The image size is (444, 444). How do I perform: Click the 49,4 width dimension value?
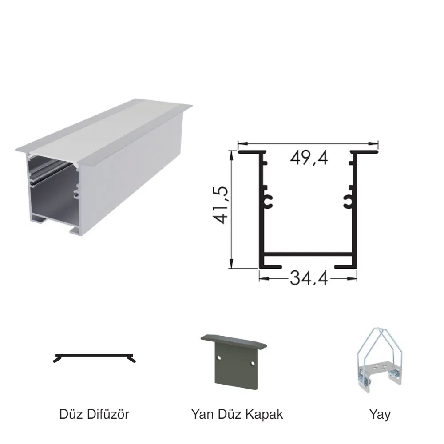tap(309, 158)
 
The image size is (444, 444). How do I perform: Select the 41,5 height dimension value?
tap(221, 205)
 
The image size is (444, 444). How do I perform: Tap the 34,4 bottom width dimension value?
tap(309, 278)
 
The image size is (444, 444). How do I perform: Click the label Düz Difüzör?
tap(94, 414)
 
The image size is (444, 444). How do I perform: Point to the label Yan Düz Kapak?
tap(237, 414)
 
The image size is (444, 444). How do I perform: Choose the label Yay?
tap(380, 415)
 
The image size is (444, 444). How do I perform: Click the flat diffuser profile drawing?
tap(94, 357)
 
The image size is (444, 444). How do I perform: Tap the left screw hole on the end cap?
tap(219, 357)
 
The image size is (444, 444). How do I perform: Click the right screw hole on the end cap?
tap(253, 363)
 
